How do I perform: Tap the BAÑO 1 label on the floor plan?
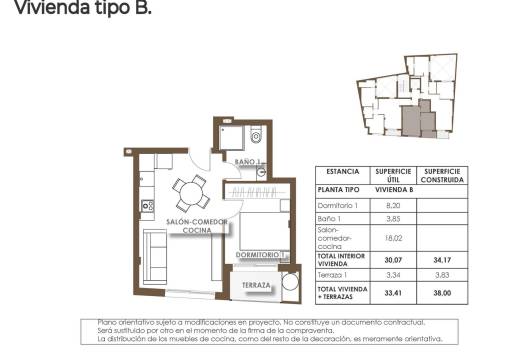(247, 161)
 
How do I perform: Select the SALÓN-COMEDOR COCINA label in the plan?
(197, 226)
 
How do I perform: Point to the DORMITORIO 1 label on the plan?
(262, 256)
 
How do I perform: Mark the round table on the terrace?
(290, 283)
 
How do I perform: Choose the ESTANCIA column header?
(342, 171)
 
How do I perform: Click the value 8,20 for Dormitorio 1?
(392, 205)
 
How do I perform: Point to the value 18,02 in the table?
(392, 239)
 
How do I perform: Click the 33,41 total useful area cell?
(392, 293)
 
